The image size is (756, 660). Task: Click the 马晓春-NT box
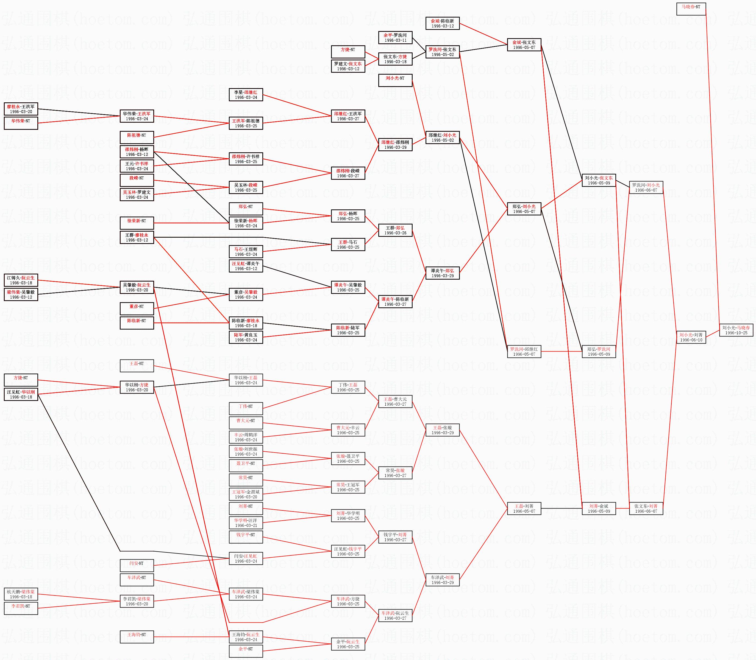coord(691,9)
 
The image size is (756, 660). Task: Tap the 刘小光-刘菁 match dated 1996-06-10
coord(691,337)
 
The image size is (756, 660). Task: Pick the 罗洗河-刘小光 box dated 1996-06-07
coord(646,187)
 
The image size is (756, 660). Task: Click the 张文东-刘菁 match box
coord(646,509)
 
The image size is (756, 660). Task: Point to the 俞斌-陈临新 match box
coord(442,24)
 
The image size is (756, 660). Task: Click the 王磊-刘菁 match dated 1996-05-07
coord(524,509)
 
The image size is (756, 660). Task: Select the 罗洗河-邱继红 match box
coord(524,351)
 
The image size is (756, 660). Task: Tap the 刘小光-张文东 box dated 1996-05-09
coord(599,181)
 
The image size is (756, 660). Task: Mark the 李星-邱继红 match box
coord(246,95)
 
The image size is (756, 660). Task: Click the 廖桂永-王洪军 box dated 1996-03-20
coord(21,109)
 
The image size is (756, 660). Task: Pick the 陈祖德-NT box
coord(137,137)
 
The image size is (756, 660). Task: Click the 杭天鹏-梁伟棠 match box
coord(21,594)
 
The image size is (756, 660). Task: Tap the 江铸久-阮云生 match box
coord(21,280)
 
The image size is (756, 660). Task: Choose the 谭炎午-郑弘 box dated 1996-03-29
coord(442,273)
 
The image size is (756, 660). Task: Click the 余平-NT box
coord(246,651)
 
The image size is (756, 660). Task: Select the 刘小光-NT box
coord(395,81)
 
